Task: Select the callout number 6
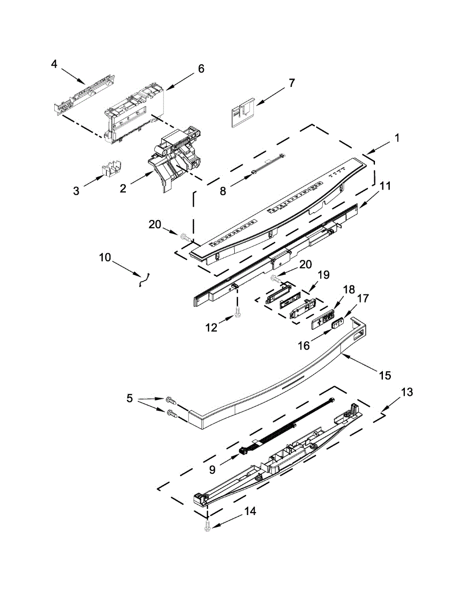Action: pos(201,69)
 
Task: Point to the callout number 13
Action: pos(406,392)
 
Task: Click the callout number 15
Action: pos(385,375)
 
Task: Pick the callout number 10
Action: pos(105,257)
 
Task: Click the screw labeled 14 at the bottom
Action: pos(208,529)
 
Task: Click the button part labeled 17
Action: pos(338,323)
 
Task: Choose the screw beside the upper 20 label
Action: pos(184,237)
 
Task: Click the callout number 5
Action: pos(129,398)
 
